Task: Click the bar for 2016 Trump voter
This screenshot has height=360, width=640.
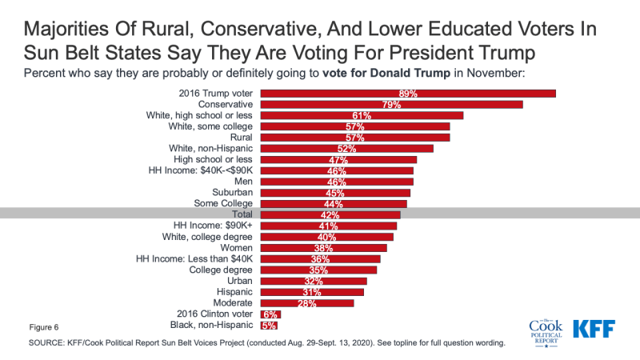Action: click(x=408, y=94)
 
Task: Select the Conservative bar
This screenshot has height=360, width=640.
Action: click(x=392, y=105)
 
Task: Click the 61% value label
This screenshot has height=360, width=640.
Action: click(x=362, y=116)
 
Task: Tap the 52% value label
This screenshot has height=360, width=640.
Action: click(x=346, y=149)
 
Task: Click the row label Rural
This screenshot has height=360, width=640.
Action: click(x=239, y=138)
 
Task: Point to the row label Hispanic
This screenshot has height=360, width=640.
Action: click(x=233, y=292)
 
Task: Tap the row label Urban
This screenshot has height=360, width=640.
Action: click(x=238, y=281)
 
